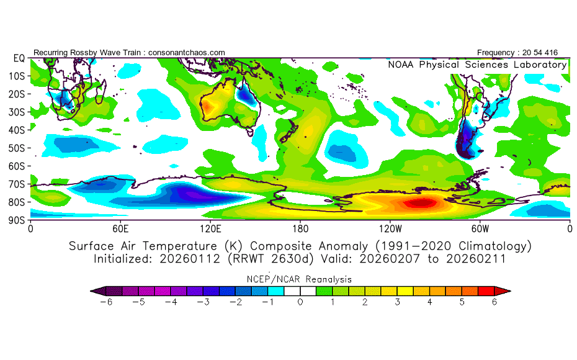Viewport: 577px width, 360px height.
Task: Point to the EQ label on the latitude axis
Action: pyautogui.click(x=19, y=58)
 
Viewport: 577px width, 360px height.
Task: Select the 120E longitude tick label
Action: pyautogui.click(x=210, y=228)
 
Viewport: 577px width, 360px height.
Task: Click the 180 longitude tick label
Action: pyautogui.click(x=300, y=228)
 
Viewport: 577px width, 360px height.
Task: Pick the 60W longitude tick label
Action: pyautogui.click(x=480, y=228)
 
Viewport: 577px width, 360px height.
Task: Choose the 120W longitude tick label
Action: pyautogui.click(x=390, y=228)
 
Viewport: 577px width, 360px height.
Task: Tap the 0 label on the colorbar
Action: pyautogui.click(x=300, y=302)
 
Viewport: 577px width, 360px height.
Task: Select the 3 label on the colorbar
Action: pyautogui.click(x=398, y=302)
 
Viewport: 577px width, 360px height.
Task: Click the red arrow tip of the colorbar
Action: pyautogui.click(x=505, y=290)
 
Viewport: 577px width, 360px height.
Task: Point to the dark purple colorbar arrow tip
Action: pyautogui.click(x=95, y=290)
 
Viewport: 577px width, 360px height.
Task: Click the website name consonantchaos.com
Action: pyautogui.click(x=187, y=53)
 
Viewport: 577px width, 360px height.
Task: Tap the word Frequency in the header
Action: pyautogui.click(x=496, y=53)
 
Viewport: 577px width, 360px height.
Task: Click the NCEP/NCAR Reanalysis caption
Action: pyautogui.click(x=300, y=279)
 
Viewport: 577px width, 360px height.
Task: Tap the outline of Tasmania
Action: pyautogui.click(x=251, y=132)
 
